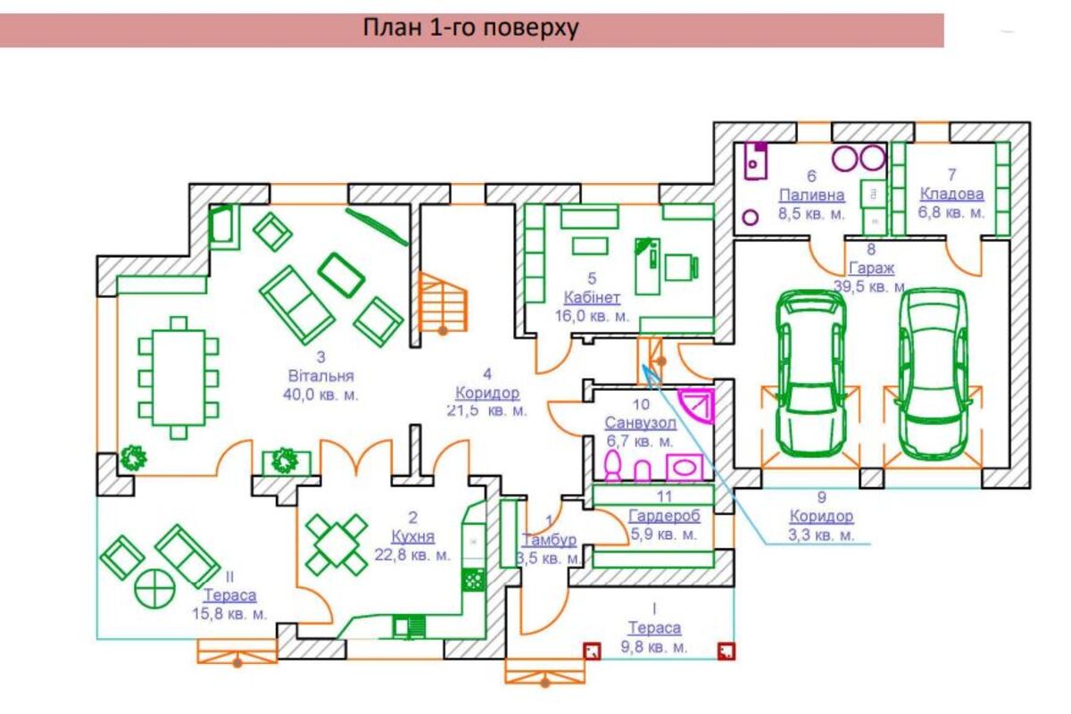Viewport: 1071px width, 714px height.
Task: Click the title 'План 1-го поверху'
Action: tap(470, 29)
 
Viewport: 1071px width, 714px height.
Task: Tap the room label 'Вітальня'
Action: tap(321, 376)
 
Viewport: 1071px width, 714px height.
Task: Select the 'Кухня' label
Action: tap(412, 536)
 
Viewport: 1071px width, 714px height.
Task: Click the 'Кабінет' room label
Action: tap(596, 297)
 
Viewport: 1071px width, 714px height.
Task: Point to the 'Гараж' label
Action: tap(872, 267)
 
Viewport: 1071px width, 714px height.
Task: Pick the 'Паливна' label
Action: tap(811, 195)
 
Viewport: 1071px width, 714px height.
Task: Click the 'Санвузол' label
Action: tap(640, 422)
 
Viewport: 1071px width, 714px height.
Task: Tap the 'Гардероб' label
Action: tap(664, 516)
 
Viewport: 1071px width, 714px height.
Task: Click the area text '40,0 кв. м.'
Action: tap(321, 395)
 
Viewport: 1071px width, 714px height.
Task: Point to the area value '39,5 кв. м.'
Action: tap(870, 286)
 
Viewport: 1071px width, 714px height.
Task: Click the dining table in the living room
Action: tap(178, 378)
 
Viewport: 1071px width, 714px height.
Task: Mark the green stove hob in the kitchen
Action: tap(472, 579)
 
